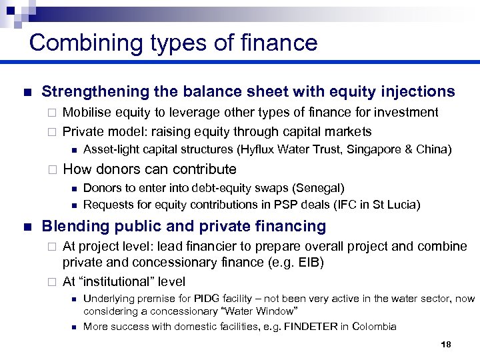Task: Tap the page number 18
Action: click(x=446, y=345)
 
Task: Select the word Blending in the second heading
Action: click(x=69, y=227)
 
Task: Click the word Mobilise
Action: click(x=87, y=112)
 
